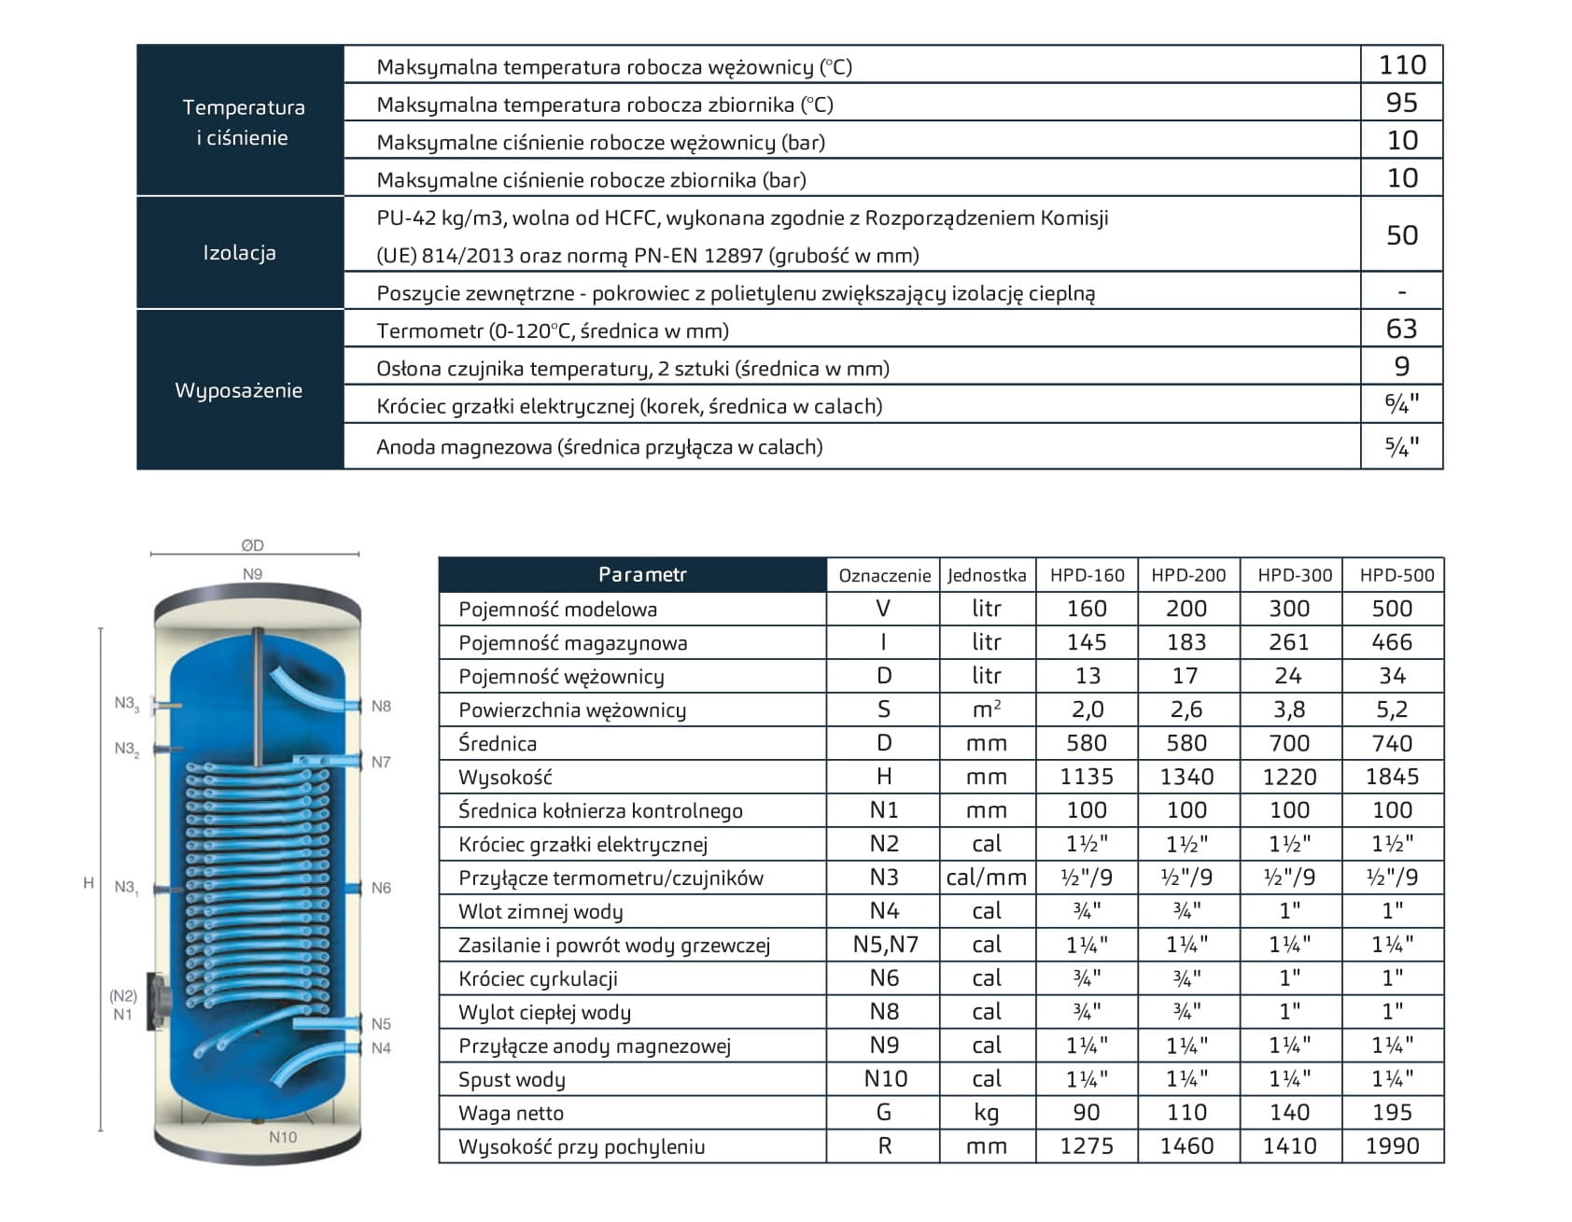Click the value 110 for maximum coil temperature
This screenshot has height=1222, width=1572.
pos(1402,65)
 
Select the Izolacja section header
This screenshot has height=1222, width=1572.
pos(240,253)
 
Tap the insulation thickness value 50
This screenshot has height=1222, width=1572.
pos(1402,235)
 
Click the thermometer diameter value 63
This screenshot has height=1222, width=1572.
pos(1402,330)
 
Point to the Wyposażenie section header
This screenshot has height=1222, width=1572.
pos(239,390)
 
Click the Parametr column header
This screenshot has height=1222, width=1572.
pos(642,575)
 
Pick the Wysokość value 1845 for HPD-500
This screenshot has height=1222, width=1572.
pos(1392,777)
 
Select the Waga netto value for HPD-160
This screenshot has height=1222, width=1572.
pos(1087,1113)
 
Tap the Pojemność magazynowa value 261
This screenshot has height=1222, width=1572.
pos(1289,642)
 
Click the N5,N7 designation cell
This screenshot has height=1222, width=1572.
pos(885,945)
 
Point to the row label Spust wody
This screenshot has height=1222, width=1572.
pos(512,1080)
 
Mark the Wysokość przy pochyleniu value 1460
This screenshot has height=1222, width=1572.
pos(1186,1146)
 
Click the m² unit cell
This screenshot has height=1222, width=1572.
pos(986,709)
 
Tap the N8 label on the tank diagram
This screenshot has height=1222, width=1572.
pos(381,707)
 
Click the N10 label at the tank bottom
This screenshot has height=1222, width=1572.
pos(283,1137)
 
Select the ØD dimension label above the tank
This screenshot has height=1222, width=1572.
pos(252,545)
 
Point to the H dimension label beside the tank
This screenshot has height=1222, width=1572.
pos(89,883)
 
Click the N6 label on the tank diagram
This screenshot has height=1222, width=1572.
pos(381,888)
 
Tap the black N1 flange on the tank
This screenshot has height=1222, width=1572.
pos(154,1002)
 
